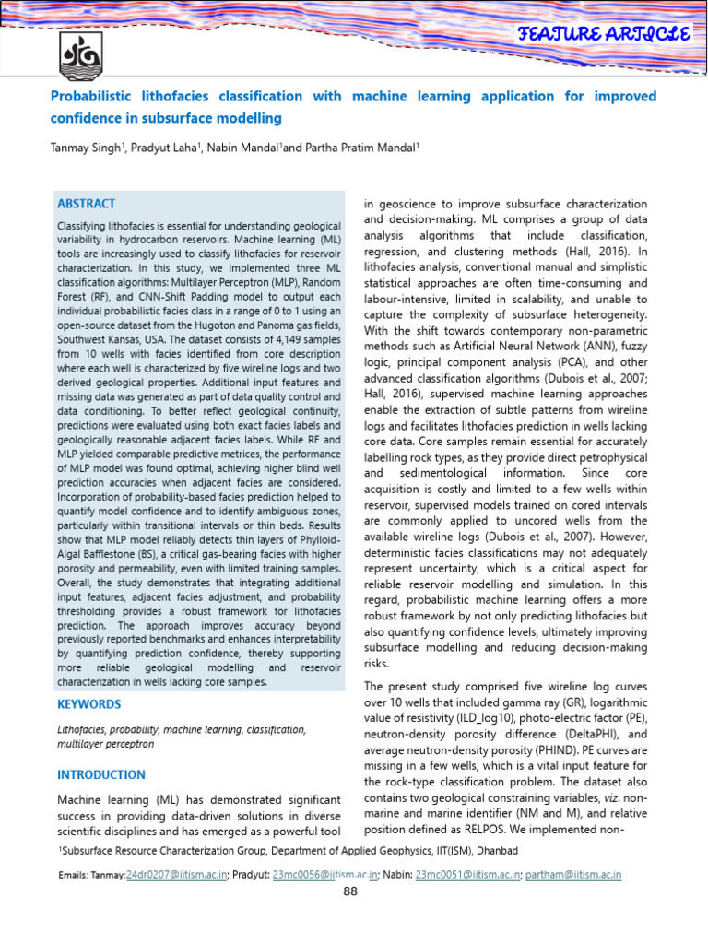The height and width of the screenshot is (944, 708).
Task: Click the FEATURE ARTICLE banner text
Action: [605, 35]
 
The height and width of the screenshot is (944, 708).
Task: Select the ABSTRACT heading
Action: [87, 204]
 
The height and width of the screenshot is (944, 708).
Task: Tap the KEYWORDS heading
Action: [89, 704]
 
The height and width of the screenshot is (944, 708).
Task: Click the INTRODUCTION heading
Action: [101, 774]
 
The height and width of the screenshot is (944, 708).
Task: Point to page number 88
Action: [350, 891]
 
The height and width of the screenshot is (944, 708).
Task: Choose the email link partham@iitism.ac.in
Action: [574, 874]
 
